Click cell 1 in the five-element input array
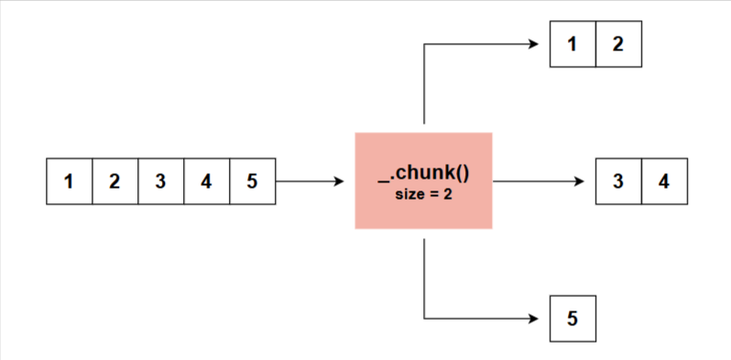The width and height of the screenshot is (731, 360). point(69,181)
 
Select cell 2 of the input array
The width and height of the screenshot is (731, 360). point(115,181)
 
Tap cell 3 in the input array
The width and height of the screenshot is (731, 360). point(160,181)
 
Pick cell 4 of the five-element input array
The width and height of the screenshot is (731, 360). point(206,181)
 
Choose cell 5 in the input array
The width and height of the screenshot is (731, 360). point(252,181)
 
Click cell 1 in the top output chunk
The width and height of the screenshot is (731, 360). point(573,44)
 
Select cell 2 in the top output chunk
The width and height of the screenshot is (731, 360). point(618,44)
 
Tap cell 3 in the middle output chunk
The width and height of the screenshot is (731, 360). point(618,181)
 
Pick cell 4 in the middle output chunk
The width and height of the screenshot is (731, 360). point(664,181)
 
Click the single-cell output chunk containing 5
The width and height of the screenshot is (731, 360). point(573,319)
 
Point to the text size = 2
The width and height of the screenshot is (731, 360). point(423,193)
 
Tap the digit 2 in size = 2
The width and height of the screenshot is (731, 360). point(448,193)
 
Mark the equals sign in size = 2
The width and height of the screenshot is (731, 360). point(434,193)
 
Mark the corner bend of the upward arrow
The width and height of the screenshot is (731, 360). point(424,44)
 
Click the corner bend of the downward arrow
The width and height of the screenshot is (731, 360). point(424,319)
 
